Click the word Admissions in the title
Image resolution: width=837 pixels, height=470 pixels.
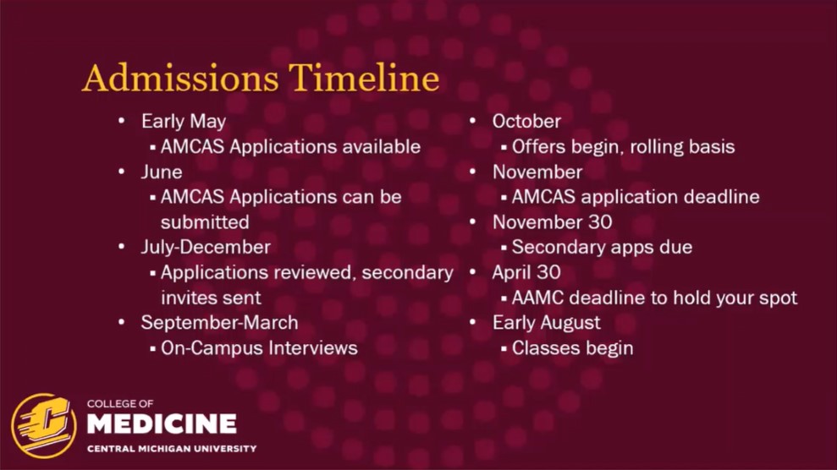coord(180,79)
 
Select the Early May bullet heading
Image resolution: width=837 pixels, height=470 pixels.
coord(183,122)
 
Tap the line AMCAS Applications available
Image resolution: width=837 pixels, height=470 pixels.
coord(290,147)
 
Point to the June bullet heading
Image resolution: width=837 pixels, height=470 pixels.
coord(161,172)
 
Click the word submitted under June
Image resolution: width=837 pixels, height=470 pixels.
coord(205,222)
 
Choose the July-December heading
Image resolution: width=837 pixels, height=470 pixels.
coord(206,248)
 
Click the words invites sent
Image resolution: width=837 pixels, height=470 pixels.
coord(211,298)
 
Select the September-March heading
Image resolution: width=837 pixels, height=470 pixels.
coord(219,323)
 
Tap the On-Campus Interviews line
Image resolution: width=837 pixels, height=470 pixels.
coord(259,348)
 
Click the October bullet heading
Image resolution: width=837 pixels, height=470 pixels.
coord(526,122)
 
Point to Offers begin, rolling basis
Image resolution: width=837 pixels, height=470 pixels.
coord(623,147)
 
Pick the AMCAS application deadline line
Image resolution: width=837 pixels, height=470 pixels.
coord(636,197)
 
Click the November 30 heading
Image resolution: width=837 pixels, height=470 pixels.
coord(552,222)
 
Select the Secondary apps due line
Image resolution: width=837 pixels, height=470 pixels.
coord(602,248)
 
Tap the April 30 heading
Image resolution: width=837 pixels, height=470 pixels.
coord(526,273)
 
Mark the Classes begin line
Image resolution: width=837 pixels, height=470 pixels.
coord(572,348)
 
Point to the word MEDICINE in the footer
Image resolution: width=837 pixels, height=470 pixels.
coord(162,424)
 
